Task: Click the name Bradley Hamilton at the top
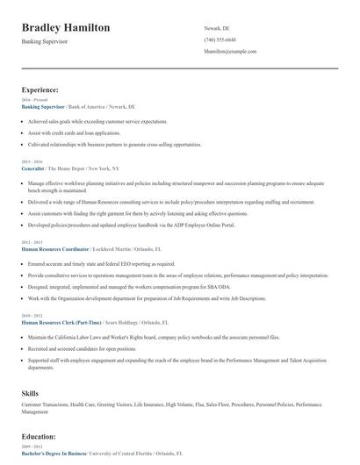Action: [66, 28]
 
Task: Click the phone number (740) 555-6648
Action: [220, 39]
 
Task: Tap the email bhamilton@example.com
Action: [230, 51]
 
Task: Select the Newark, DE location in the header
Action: [216, 28]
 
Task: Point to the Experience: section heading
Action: [40, 89]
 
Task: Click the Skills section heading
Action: [30, 393]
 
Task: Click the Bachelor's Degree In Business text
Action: [54, 453]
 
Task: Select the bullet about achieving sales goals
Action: [97, 121]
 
